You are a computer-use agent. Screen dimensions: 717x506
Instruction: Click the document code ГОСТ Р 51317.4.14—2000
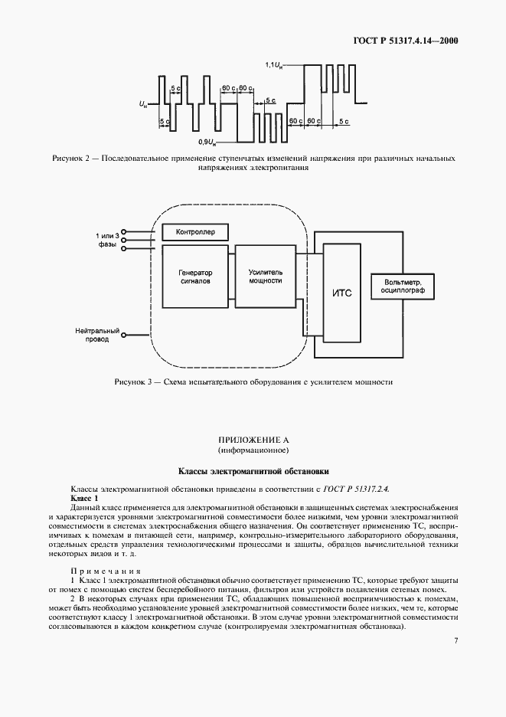[x=409, y=41]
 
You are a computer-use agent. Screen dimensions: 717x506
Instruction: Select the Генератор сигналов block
[x=195, y=277]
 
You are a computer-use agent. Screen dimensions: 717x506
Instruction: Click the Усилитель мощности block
[x=265, y=277]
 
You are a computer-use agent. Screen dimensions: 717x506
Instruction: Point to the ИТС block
[x=342, y=293]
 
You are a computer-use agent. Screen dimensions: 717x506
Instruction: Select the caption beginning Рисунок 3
[x=253, y=381]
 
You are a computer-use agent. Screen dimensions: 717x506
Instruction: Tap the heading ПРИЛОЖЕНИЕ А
[x=253, y=440]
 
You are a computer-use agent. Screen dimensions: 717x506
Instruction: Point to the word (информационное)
[x=253, y=450]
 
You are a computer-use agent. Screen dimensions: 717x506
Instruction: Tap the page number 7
[x=455, y=640]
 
